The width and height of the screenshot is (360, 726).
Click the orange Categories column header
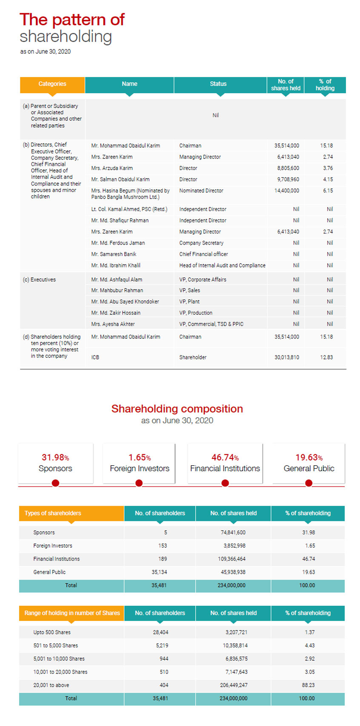pyautogui.click(x=52, y=84)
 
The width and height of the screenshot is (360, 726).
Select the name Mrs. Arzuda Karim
pyautogui.click(x=112, y=168)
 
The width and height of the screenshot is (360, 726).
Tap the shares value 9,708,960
pyautogui.click(x=288, y=179)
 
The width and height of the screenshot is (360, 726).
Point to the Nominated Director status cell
pyautogui.click(x=201, y=191)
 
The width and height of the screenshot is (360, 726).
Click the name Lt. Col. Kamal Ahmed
pyautogui.click(x=129, y=209)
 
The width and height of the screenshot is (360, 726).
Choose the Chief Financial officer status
pyautogui.click(x=203, y=254)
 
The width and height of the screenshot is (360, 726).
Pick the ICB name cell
pyautogui.click(x=95, y=357)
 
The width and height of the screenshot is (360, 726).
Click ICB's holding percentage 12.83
pyautogui.click(x=326, y=357)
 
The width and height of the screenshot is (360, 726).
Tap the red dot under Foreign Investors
pyautogui.click(x=139, y=483)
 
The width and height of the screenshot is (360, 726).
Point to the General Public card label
pyautogui.click(x=309, y=468)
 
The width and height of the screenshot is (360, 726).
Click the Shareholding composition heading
pyautogui.click(x=177, y=409)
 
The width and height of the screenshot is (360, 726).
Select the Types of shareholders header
pyautogui.click(x=53, y=513)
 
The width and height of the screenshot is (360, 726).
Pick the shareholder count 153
pyautogui.click(x=163, y=546)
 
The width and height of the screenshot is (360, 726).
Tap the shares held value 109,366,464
pyautogui.click(x=232, y=559)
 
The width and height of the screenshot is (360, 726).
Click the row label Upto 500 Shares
pyautogui.click(x=52, y=632)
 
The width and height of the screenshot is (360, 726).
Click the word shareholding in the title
pyautogui.click(x=66, y=37)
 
